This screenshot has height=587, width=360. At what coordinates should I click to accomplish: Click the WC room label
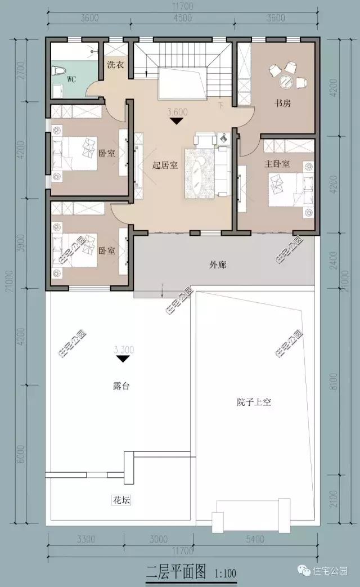pos(71,79)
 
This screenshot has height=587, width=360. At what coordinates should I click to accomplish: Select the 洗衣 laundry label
pos(115,64)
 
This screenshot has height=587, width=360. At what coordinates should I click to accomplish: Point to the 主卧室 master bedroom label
pos(277,164)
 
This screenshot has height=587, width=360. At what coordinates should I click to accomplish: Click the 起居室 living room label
pos(165,165)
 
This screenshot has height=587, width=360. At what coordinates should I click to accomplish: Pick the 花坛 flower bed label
pos(121,500)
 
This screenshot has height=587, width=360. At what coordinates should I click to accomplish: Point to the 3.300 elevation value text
pos(123,349)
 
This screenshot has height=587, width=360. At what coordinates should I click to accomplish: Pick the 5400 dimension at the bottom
pos(255,539)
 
